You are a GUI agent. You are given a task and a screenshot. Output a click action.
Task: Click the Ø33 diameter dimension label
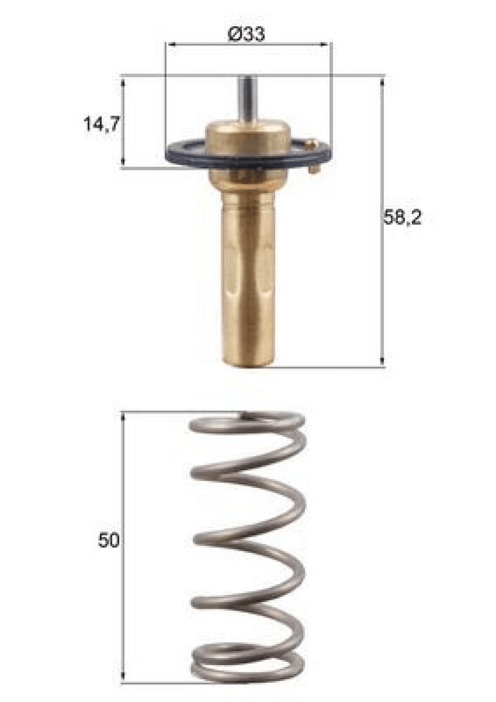247,34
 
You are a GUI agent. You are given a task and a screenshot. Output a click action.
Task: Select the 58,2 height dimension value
403,217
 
